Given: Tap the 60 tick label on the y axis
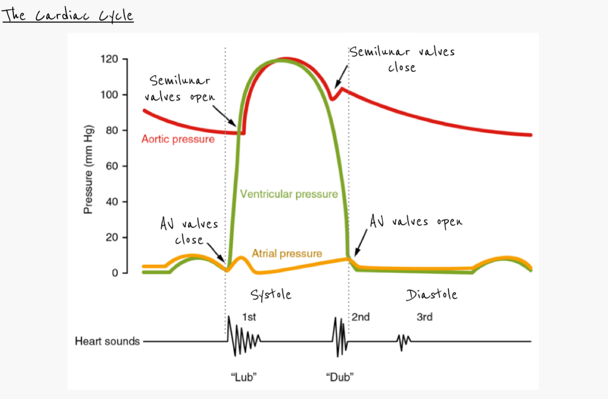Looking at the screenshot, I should (112, 166).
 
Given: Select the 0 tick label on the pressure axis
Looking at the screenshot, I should (115, 273).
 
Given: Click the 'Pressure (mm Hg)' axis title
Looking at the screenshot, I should (88, 170).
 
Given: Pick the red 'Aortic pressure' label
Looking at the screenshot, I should (178, 139).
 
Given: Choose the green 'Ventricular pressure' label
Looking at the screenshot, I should (289, 194).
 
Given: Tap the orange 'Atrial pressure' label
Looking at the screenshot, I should (287, 254).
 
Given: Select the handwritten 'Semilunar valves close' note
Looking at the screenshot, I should (402, 59).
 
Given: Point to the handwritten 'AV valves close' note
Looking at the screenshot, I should (189, 232).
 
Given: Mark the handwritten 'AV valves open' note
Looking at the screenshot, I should (416, 222).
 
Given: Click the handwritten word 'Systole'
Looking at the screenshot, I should (271, 295).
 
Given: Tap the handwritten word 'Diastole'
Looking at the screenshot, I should (431, 295).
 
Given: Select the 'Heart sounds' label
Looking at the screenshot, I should (107, 341).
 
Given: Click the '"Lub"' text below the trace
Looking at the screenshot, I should (244, 377).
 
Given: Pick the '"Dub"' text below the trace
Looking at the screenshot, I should (340, 377).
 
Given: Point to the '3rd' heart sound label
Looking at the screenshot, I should (424, 317).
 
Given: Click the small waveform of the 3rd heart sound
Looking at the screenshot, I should (404, 341).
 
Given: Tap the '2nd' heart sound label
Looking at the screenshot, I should (361, 317).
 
